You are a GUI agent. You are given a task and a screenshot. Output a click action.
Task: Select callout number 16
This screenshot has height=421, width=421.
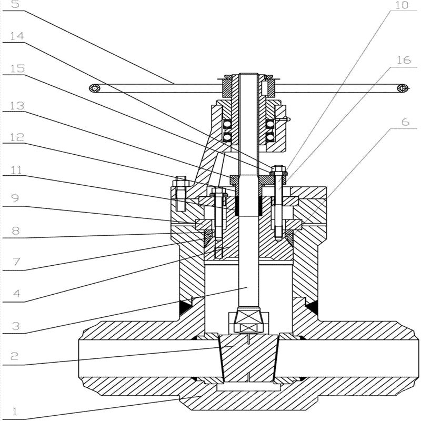(x=403, y=61)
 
